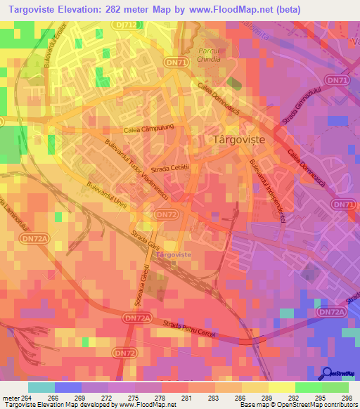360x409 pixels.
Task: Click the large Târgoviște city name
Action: coord(238,140)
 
